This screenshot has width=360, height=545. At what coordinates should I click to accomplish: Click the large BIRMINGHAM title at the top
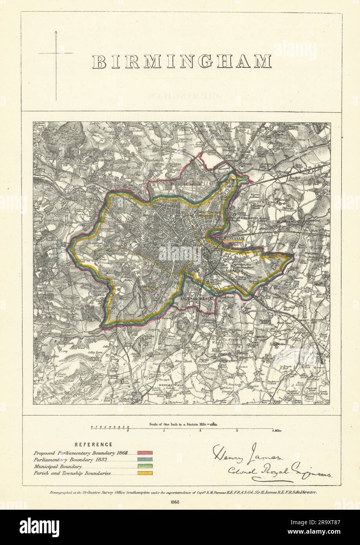tap(181, 62)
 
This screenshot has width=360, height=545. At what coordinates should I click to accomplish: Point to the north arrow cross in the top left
tap(56, 53)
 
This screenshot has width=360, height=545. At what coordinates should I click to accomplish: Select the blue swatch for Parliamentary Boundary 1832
tap(145, 459)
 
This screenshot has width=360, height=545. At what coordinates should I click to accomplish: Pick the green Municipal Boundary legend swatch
tap(145, 466)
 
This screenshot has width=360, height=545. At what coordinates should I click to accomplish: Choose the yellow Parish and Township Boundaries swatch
tap(145, 473)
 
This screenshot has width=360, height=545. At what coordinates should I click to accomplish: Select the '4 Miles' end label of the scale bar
tap(276, 431)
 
